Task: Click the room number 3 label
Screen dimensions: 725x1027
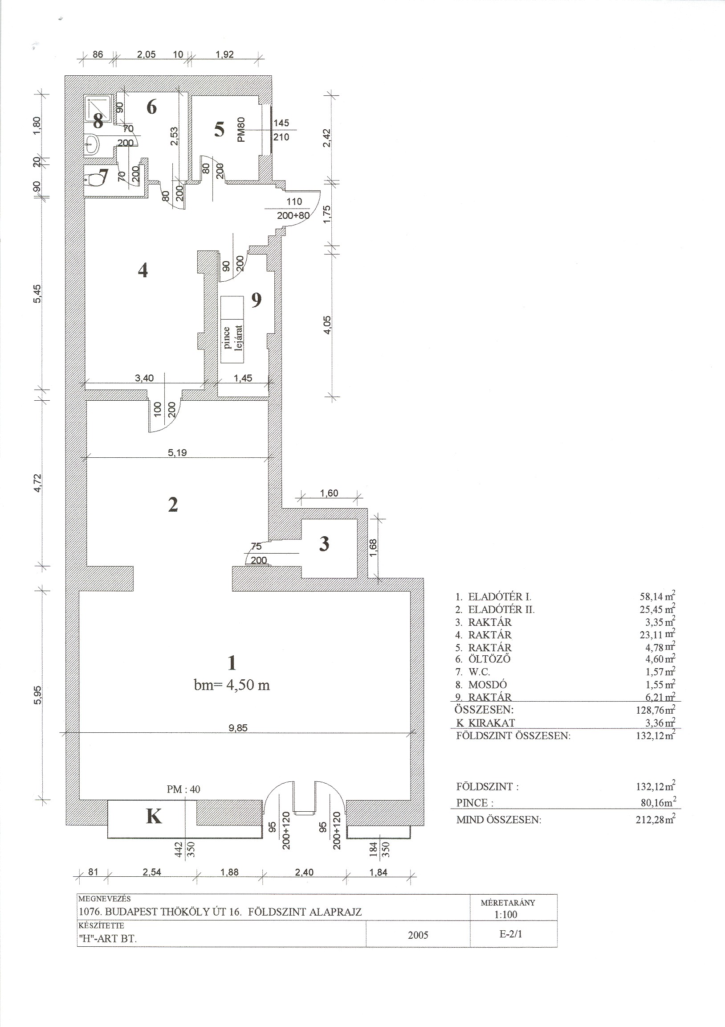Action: (x=324, y=543)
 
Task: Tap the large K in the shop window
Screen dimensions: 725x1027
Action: (x=154, y=816)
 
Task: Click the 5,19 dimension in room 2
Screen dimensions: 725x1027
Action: (x=177, y=452)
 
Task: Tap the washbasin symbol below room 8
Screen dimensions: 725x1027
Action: (x=92, y=144)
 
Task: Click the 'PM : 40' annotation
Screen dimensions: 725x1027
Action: (x=183, y=789)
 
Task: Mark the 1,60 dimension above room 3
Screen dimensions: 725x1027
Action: (x=329, y=493)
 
